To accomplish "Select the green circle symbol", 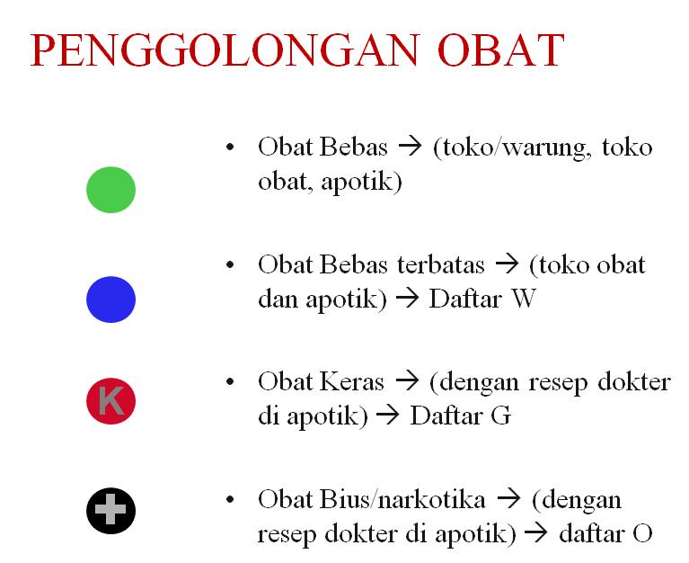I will coord(110,191).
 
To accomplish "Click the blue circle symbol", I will coord(110,299).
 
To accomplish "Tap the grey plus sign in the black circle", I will coord(110,513).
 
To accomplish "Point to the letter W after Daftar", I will coord(523,299).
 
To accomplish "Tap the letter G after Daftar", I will coord(502,416).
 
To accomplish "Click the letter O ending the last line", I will coord(641,533).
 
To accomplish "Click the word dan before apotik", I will coord(276,299).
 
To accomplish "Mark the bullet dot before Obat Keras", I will coord(232,383).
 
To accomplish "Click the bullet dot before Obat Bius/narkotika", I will coord(232,500).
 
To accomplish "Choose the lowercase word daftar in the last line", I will coord(590,533).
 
